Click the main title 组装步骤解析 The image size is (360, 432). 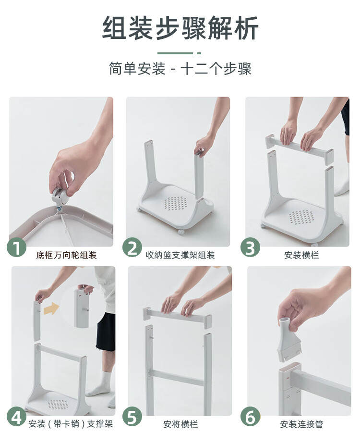click(180, 28)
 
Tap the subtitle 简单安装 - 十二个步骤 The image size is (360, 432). click(180, 68)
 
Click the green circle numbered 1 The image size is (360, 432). click(16, 247)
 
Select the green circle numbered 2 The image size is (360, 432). click(132, 247)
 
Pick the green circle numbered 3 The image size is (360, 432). click(250, 247)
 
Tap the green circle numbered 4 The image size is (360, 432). click(16, 416)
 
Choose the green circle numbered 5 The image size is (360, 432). click(132, 416)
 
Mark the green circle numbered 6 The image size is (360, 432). click(250, 416)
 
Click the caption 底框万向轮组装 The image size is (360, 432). click(66, 255)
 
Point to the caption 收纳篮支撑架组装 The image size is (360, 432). click(180, 255)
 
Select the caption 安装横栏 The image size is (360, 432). click(301, 255)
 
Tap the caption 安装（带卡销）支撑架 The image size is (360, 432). click(71, 424)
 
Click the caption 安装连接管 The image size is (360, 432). click(301, 424)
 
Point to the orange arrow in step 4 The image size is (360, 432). click(51, 309)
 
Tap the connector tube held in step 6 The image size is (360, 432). click(288, 339)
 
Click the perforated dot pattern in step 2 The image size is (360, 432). click(175, 203)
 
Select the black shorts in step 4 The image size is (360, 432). click(106, 332)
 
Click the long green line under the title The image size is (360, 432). click(175, 53)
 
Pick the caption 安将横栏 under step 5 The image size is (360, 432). click(180, 424)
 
